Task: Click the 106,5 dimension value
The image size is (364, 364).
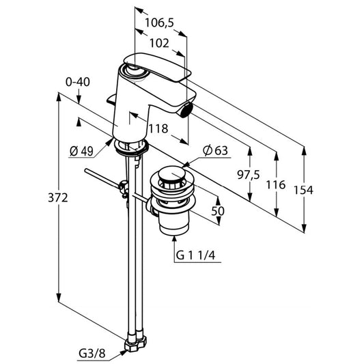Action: point(159,23)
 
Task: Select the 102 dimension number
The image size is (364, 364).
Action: point(159,43)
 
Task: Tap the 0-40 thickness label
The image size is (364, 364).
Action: point(78,82)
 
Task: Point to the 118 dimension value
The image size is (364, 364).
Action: point(158,128)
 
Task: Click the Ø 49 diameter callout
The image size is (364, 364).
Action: point(81,152)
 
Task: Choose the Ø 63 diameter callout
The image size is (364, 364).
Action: point(215,150)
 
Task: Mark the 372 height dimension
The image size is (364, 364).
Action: point(58,198)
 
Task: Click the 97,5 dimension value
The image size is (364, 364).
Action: point(249,175)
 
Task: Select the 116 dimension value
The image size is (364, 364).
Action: point(275,185)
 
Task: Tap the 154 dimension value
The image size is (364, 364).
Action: point(303,190)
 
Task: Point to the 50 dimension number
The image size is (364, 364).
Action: point(218,211)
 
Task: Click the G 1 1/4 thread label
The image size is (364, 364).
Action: point(195,255)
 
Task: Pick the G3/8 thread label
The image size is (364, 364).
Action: point(92,354)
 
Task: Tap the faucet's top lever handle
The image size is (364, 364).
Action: point(157,67)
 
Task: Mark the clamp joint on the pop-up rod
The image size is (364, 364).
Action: point(124,188)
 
